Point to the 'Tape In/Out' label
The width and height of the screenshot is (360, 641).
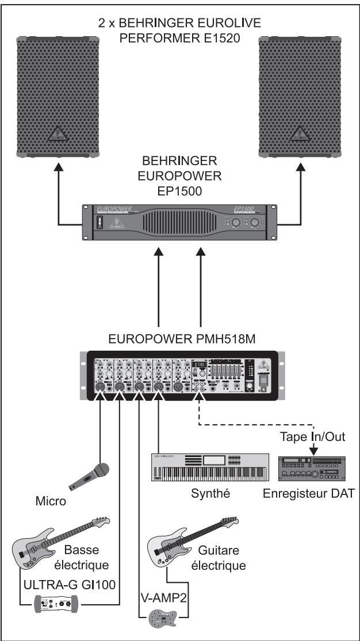click(x=312, y=438)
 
